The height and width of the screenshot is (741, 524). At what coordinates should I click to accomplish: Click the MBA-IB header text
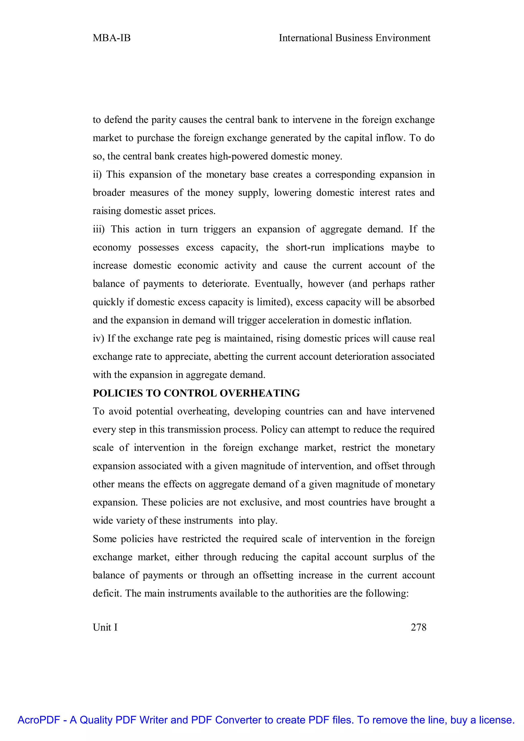(111, 38)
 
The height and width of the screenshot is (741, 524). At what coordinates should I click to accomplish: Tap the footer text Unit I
(105, 627)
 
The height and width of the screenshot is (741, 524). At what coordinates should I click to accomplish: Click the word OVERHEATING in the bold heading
(260, 393)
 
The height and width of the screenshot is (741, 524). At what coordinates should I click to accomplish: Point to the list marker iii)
(99, 229)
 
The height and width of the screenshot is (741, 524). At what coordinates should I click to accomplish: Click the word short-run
(305, 247)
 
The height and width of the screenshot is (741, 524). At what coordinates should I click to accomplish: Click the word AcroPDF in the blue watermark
(39, 720)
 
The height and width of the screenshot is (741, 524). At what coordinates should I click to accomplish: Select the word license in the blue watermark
(496, 720)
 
